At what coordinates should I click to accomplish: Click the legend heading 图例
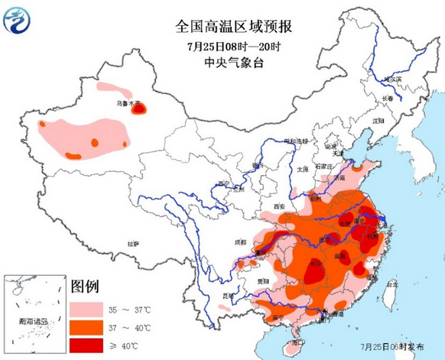click(x=85, y=288)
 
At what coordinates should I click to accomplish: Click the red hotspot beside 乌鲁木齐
click(x=139, y=109)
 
